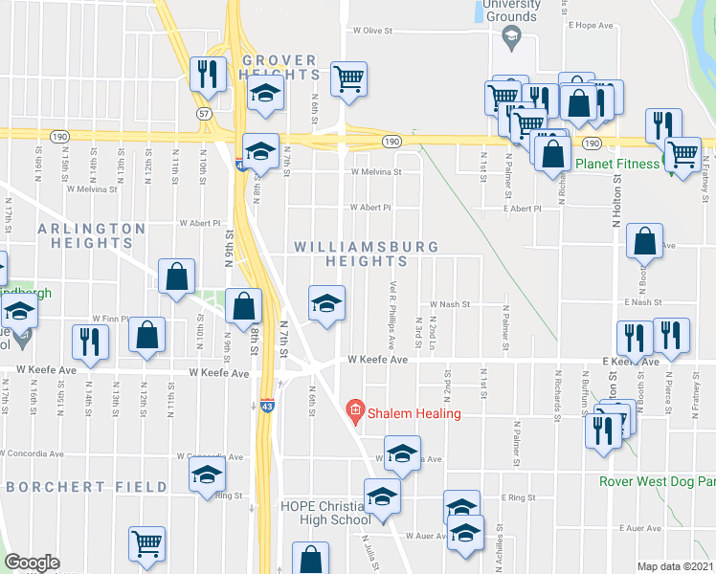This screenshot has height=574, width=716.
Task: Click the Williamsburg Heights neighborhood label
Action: click(367, 254)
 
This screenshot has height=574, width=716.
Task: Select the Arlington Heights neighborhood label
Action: click(92, 235)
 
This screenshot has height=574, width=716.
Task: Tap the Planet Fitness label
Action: click(617, 164)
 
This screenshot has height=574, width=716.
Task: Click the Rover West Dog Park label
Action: click(657, 481)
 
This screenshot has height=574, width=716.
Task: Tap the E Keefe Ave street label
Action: click(632, 362)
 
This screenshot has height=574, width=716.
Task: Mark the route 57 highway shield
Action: click(203, 113)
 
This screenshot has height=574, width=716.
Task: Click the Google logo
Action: click(32, 563)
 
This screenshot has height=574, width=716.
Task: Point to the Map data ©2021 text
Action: click(675, 566)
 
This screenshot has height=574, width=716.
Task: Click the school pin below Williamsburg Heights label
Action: click(326, 303)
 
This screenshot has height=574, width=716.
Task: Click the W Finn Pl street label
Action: click(109, 318)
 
